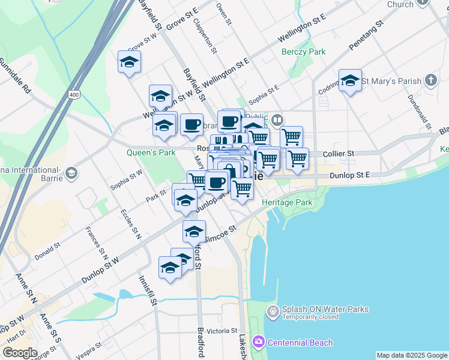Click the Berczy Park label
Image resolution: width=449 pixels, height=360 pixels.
click(304, 52)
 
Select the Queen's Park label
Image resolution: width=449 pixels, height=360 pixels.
click(151, 152)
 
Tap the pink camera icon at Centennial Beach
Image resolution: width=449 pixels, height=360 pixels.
click(259, 342)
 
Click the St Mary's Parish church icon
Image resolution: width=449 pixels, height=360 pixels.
click(430, 80)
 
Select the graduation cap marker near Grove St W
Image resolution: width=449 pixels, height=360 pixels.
click(129, 62)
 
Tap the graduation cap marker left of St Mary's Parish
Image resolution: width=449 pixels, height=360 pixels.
click(350, 80)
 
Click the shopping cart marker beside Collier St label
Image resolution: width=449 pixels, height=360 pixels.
click(297, 159)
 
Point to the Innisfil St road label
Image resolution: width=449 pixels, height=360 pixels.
click(148, 291)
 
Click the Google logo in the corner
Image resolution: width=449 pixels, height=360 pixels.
click(20, 353)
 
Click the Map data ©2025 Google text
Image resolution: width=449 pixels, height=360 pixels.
click(412, 355)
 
